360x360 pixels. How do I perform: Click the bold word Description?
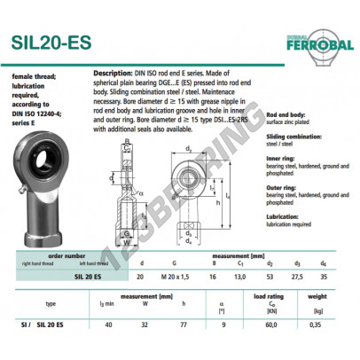pyautogui.click(x=113, y=72)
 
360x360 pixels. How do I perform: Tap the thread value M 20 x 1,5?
pyautogui.click(x=175, y=276)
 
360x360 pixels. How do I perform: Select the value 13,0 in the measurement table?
pyautogui.click(x=239, y=276)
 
